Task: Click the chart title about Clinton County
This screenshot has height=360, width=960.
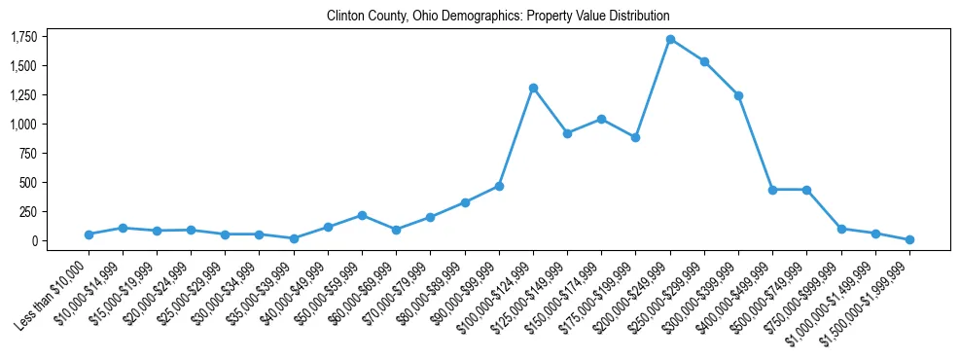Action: pyautogui.click(x=498, y=17)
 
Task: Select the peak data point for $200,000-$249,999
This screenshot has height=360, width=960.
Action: pyautogui.click(x=670, y=39)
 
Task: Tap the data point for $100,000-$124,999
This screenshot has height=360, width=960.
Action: pyautogui.click(x=533, y=88)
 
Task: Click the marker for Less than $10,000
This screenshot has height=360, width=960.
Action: pyautogui.click(x=89, y=234)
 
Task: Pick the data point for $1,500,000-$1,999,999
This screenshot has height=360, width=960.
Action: pyautogui.click(x=909, y=239)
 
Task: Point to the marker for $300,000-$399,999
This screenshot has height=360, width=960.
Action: pyautogui.click(x=738, y=95)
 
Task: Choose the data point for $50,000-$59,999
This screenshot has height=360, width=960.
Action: pyautogui.click(x=362, y=215)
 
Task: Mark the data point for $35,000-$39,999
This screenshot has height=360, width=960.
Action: pyautogui.click(x=294, y=238)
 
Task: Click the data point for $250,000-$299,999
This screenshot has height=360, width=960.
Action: pyautogui.click(x=704, y=61)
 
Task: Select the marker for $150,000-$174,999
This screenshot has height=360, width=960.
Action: pyautogui.click(x=601, y=119)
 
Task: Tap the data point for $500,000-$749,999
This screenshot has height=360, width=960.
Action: pyautogui.click(x=806, y=190)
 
